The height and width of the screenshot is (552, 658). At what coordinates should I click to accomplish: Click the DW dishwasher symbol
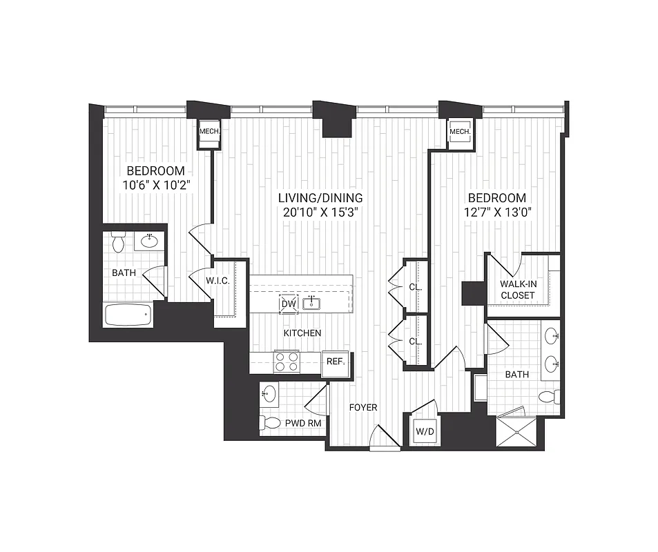pos(287,304)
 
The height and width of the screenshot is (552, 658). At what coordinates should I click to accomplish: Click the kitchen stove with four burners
pos(287,361)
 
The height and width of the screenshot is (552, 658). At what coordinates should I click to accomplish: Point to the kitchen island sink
pos(313,302)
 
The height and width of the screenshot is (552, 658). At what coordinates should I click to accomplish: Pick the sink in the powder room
pos(269,395)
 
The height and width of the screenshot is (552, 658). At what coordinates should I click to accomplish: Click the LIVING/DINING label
pos(320,198)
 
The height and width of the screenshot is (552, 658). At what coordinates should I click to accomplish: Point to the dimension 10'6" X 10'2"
pos(155,184)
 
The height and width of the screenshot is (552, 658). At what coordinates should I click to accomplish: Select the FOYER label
pos(363,408)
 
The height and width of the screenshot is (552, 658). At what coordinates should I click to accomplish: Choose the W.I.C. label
pos(217,281)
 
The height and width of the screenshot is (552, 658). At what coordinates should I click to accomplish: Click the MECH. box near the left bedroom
pos(209,131)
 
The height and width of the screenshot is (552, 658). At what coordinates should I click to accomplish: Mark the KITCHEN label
pos(302,333)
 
